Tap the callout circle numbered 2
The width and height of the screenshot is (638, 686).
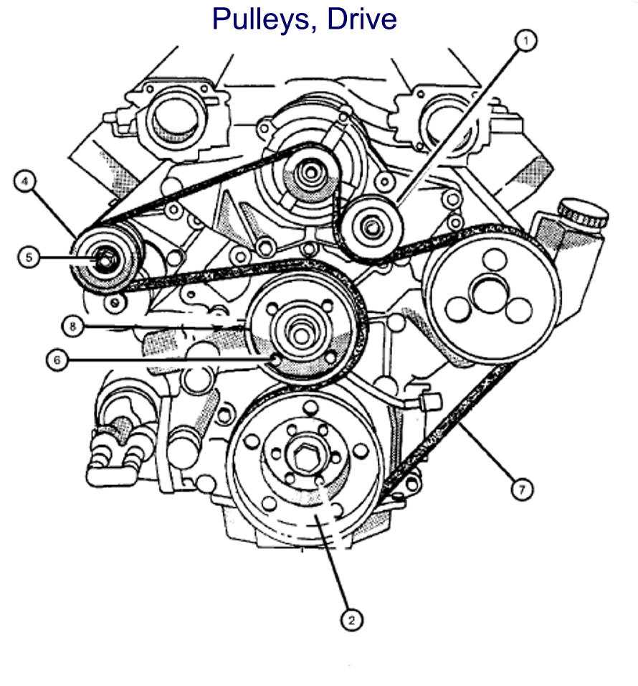point(351,619)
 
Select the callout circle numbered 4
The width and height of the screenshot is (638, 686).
point(24,182)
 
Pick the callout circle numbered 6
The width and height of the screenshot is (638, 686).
point(57,360)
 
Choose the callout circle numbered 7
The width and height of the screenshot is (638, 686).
point(522,489)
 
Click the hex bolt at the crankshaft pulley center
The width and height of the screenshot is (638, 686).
point(301,456)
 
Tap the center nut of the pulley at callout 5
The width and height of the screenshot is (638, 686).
point(103,258)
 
